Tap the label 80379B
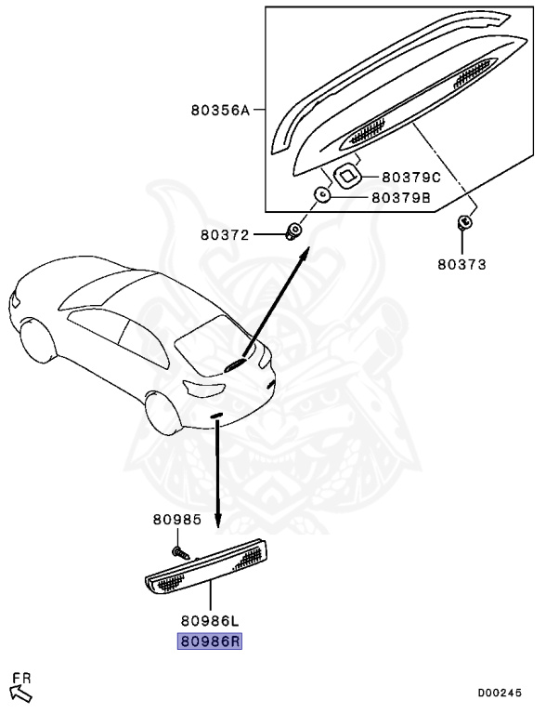click(401, 197)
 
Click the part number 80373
click(462, 264)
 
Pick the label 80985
click(177, 520)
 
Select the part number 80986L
click(210, 619)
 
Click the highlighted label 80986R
click(210, 641)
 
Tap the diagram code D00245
click(506, 693)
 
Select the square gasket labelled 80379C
click(346, 174)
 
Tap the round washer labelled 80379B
click(321, 195)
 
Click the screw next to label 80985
click(182, 551)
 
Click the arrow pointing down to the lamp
click(217, 474)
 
